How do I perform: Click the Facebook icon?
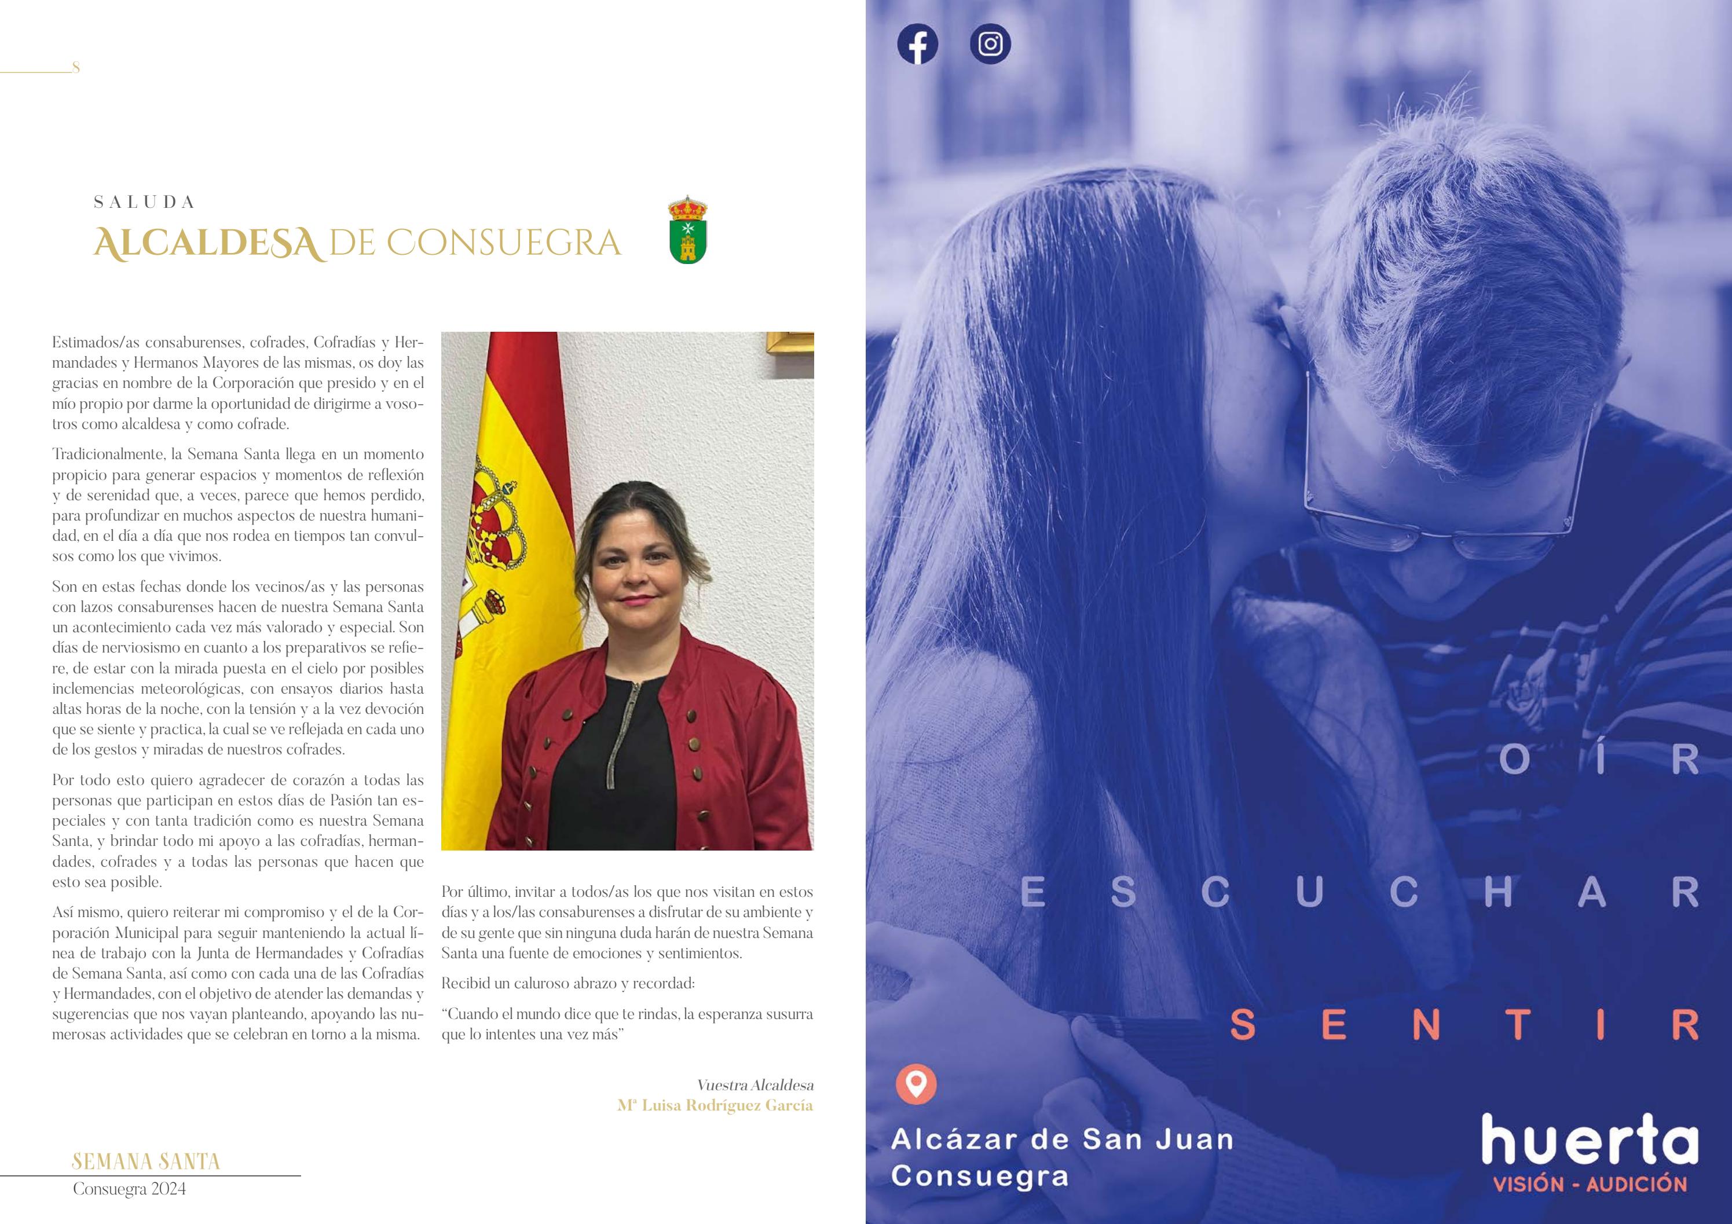[917, 45]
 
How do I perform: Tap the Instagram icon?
[990, 45]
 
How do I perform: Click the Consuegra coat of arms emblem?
[687, 230]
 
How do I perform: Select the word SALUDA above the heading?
[144, 202]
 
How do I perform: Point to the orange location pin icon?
[916, 1084]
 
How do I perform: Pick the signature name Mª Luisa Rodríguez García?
[715, 1106]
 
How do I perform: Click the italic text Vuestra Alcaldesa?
[755, 1085]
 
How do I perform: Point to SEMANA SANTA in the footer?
[145, 1161]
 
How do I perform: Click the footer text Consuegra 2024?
[129, 1189]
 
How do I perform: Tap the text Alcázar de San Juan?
[1062, 1139]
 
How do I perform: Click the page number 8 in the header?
[75, 68]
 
